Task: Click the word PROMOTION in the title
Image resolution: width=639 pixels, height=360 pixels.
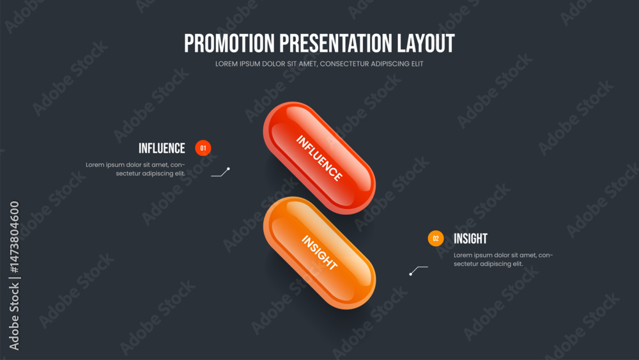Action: (229, 43)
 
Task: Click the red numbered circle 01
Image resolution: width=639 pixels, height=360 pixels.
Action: (203, 148)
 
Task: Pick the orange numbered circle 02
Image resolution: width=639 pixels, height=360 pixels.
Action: (436, 239)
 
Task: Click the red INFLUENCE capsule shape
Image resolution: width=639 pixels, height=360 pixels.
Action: (319, 158)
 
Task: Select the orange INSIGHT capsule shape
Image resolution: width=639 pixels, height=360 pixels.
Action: (319, 253)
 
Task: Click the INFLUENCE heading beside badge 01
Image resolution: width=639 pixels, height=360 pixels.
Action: (162, 148)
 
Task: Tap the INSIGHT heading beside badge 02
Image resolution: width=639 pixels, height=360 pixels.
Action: (471, 239)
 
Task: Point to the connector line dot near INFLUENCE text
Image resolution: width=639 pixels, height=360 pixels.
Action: (228, 169)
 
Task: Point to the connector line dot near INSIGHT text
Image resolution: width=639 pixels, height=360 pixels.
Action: (410, 274)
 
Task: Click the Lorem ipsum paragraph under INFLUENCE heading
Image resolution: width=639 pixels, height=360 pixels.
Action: (135, 169)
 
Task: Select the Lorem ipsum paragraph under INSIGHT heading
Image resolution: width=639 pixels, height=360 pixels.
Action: (504, 260)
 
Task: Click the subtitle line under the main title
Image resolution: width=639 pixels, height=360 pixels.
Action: (319, 64)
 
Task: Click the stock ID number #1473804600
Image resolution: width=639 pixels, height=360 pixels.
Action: (14, 237)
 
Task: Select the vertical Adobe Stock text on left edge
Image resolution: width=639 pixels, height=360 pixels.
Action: (14, 317)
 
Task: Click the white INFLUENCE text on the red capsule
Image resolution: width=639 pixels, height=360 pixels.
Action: (319, 158)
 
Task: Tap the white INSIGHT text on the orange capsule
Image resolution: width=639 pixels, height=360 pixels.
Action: (319, 253)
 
